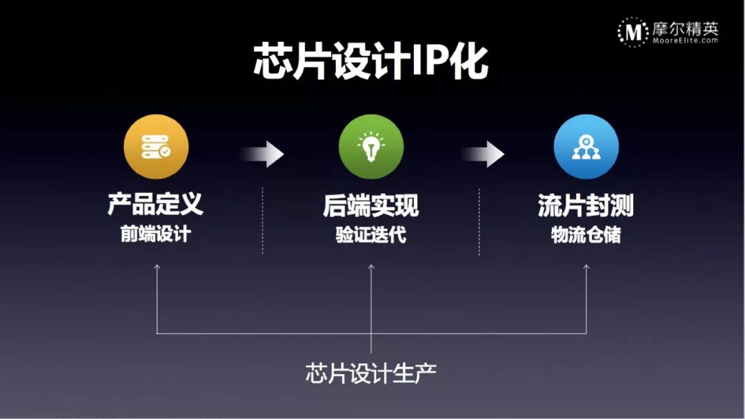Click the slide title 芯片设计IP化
pyautogui.click(x=371, y=63)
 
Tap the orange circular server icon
pyautogui.click(x=156, y=147)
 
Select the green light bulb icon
pyautogui.click(x=371, y=147)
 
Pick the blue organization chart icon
pyautogui.click(x=586, y=147)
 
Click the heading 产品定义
pyautogui.click(x=156, y=205)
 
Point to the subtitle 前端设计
pyautogui.click(x=156, y=234)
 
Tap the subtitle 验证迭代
pyautogui.click(x=371, y=235)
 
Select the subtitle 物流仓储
pyautogui.click(x=586, y=235)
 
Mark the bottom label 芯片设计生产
pyautogui.click(x=371, y=374)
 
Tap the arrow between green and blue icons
pyautogui.click(x=484, y=154)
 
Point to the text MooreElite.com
pyautogui.click(x=685, y=41)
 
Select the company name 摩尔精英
pyautogui.click(x=685, y=28)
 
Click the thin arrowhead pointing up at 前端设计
pyautogui.click(x=157, y=267)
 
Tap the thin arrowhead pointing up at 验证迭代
pyautogui.click(x=371, y=267)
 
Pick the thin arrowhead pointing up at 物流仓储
pyautogui.click(x=586, y=267)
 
